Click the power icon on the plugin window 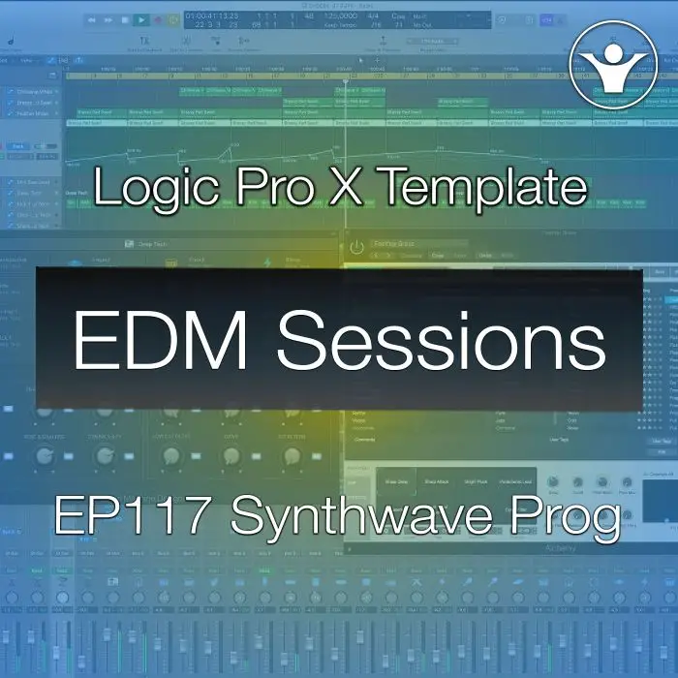[357, 247]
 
